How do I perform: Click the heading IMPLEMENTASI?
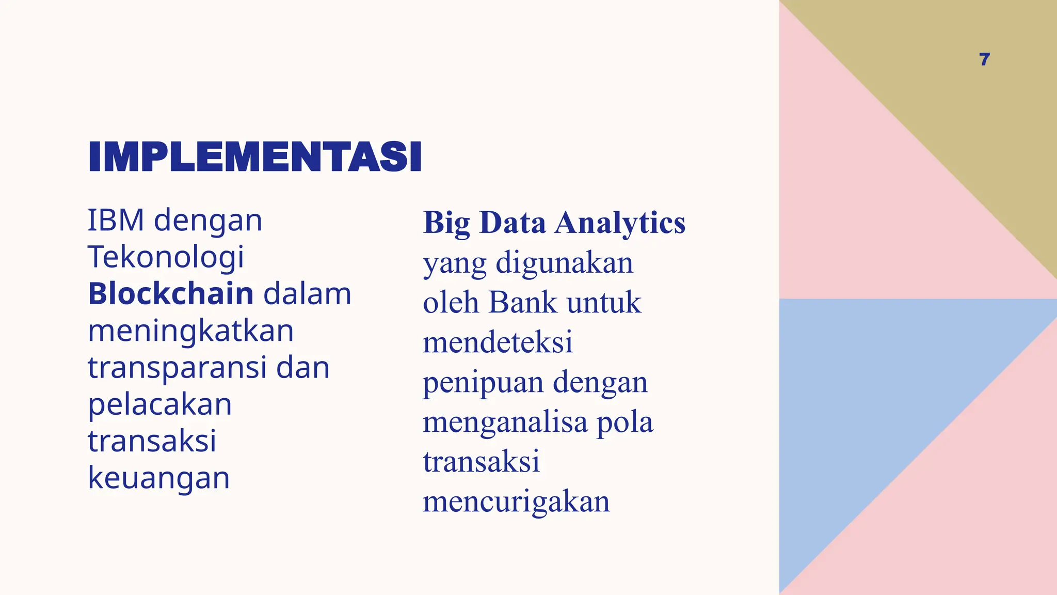pyautogui.click(x=255, y=156)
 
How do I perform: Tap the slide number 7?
pyautogui.click(x=984, y=59)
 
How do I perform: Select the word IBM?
pyautogui.click(x=116, y=220)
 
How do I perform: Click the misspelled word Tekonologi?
pyautogui.click(x=166, y=257)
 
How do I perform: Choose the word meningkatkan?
pyautogui.click(x=190, y=331)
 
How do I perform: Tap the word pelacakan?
pyautogui.click(x=160, y=404)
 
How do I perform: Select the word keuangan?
pyautogui.click(x=159, y=478)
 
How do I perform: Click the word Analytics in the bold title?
pyautogui.click(x=620, y=223)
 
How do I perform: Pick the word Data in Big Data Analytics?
pyautogui.click(x=512, y=223)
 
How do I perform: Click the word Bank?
pyautogui.click(x=523, y=302)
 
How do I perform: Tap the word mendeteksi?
pyautogui.click(x=498, y=342)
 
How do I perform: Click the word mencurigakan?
pyautogui.click(x=516, y=501)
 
